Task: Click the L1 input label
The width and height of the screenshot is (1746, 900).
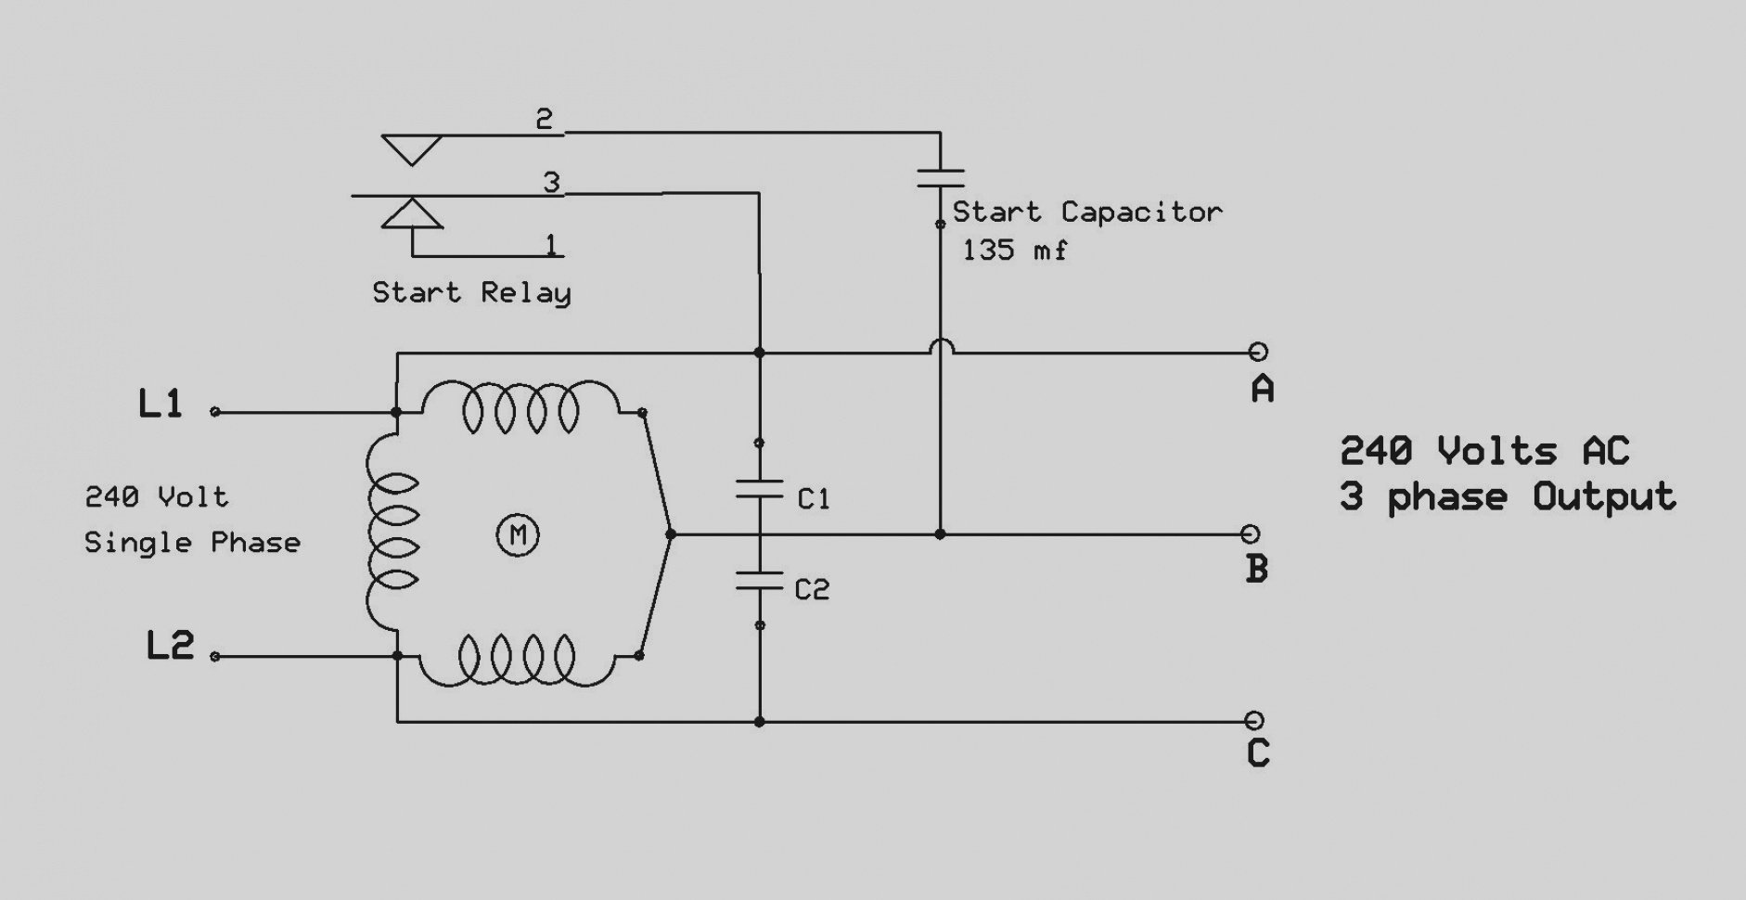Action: tap(160, 404)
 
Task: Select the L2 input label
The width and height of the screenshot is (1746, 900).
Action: tap(171, 645)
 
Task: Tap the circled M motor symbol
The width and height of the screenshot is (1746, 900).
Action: tap(518, 534)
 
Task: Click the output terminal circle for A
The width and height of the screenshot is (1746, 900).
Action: tap(1258, 352)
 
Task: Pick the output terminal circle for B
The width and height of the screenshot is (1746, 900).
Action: tap(1251, 534)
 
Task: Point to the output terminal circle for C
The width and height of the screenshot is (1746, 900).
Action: tap(1254, 720)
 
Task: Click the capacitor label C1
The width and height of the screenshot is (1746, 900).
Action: tap(814, 499)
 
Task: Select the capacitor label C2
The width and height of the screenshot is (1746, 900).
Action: tap(812, 589)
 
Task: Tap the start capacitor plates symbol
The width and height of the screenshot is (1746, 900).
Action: tap(941, 178)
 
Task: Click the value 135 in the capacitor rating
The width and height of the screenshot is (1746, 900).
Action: tap(988, 250)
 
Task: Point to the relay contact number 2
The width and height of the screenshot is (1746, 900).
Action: tap(545, 118)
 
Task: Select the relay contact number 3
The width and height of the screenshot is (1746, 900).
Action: tap(552, 182)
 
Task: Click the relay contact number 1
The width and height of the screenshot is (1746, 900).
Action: tap(551, 244)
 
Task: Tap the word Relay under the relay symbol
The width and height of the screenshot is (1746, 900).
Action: tap(526, 293)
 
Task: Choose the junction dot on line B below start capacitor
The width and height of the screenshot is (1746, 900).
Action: tap(940, 534)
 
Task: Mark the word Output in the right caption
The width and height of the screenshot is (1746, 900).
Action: tap(1604, 496)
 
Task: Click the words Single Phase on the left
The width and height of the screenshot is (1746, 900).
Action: tap(193, 543)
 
